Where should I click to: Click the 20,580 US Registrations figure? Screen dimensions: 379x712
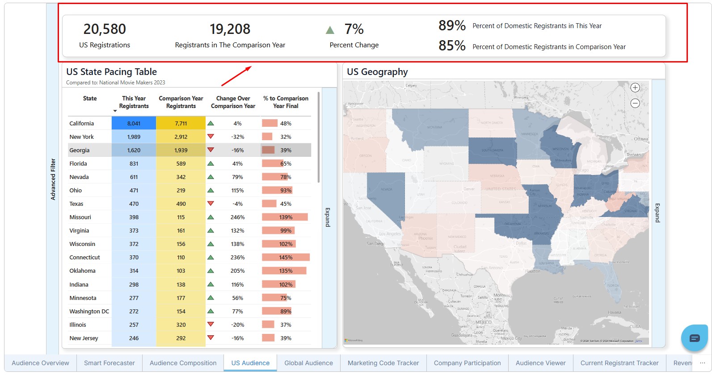click(105, 29)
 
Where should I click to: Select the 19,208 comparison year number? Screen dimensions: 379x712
click(230, 29)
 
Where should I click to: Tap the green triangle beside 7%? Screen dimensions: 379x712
click(330, 30)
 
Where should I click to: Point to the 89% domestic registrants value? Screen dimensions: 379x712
click(452, 26)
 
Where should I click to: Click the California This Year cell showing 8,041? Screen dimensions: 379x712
click(134, 124)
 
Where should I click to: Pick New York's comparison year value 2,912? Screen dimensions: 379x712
click(181, 137)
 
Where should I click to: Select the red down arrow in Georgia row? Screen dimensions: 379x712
click(211, 150)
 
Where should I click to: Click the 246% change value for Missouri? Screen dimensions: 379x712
click(237, 217)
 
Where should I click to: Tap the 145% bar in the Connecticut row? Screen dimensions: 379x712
click(286, 258)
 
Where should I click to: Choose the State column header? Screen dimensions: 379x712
click(90, 99)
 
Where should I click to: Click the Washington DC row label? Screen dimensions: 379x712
click(89, 312)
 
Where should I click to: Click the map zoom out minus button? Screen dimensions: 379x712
click(635, 104)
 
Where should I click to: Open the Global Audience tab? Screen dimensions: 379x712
click(308, 363)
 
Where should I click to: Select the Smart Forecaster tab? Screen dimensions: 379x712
click(109, 363)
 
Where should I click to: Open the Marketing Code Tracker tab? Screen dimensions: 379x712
click(383, 363)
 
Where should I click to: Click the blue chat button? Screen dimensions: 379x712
click(694, 338)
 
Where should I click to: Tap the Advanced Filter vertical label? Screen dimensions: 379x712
click(53, 179)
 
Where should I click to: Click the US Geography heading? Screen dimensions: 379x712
click(377, 72)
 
